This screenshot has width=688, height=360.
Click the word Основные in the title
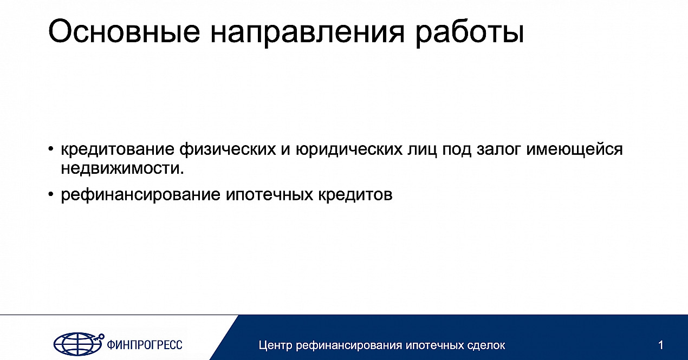(124, 31)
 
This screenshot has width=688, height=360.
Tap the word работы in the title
(469, 33)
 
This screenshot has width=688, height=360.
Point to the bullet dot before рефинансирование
(51, 194)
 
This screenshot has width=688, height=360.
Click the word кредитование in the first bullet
(118, 150)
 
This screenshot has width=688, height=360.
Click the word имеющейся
(574, 149)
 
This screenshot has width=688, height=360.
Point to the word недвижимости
(122, 168)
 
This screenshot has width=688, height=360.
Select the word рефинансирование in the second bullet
(141, 195)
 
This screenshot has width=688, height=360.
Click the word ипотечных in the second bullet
(269, 195)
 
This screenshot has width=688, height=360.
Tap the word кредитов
(355, 195)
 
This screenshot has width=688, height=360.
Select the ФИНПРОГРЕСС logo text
(144, 345)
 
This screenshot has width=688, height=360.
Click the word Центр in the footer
(276, 345)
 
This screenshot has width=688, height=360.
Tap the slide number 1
(661, 345)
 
